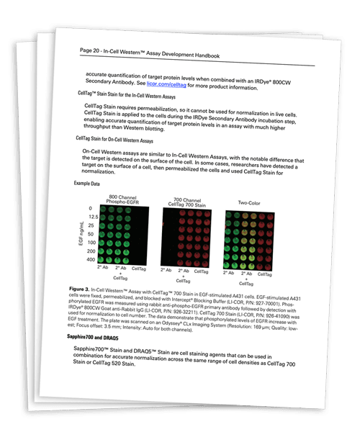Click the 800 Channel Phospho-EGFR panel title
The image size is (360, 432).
[x=122, y=201]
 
